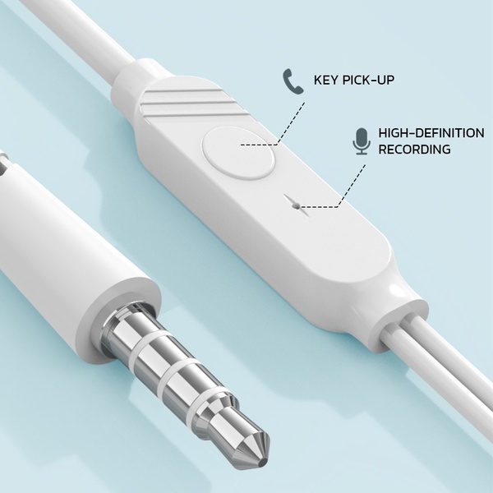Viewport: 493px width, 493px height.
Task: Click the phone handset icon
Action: pos(293,81)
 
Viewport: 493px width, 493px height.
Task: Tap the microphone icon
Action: pos(361,141)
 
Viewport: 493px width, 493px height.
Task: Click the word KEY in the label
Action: pos(326,80)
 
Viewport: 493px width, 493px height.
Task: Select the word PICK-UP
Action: pos(368,80)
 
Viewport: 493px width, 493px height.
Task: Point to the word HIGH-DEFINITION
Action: pos(431,133)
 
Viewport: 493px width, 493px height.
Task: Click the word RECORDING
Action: pos(414,149)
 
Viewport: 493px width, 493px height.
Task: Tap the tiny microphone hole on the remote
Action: pos(296,206)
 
